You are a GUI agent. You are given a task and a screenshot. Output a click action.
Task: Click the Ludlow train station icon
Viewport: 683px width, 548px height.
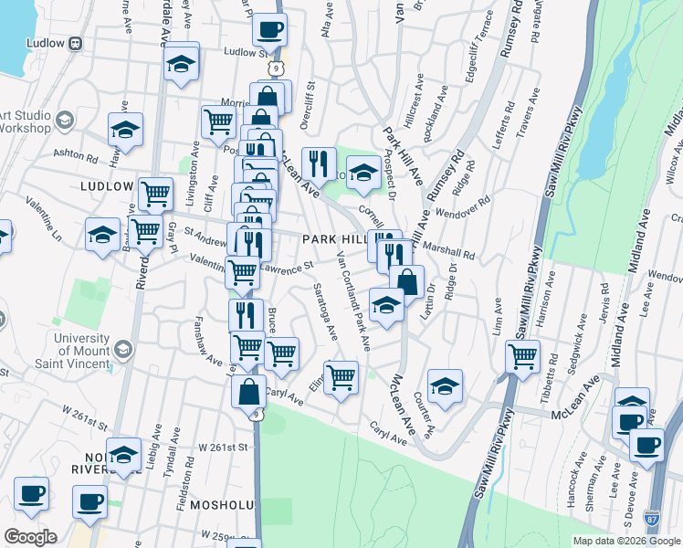tap(75, 43)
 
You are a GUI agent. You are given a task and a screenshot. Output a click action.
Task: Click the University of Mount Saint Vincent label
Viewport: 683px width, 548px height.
tap(56, 348)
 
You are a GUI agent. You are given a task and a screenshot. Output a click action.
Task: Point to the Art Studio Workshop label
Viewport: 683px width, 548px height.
tap(26, 121)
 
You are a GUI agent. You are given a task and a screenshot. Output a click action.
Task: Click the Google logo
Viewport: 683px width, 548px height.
tap(30, 537)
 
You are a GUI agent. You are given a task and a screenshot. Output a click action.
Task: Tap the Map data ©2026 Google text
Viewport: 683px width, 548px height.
tap(625, 541)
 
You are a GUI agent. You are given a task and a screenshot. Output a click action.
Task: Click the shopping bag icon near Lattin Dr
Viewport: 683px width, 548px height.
tap(406, 281)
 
